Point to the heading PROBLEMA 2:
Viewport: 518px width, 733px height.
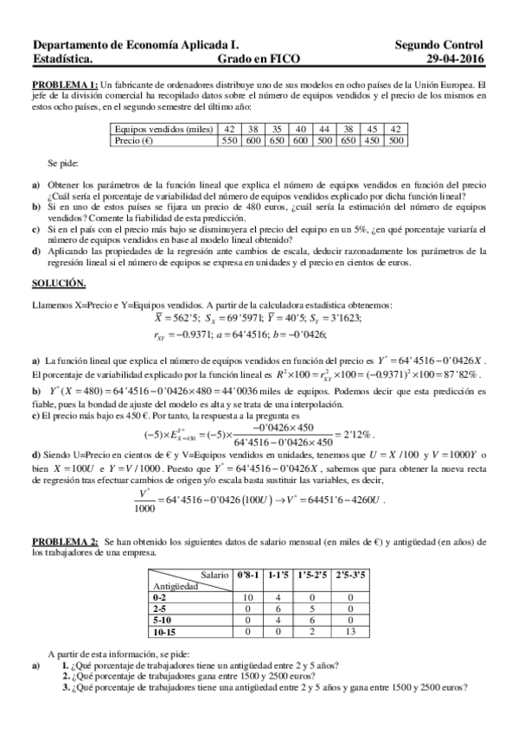coord(64,540)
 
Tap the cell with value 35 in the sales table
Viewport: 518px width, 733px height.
coord(277,129)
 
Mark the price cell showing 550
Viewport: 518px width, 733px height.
coord(229,139)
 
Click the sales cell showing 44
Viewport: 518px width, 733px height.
coord(325,129)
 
